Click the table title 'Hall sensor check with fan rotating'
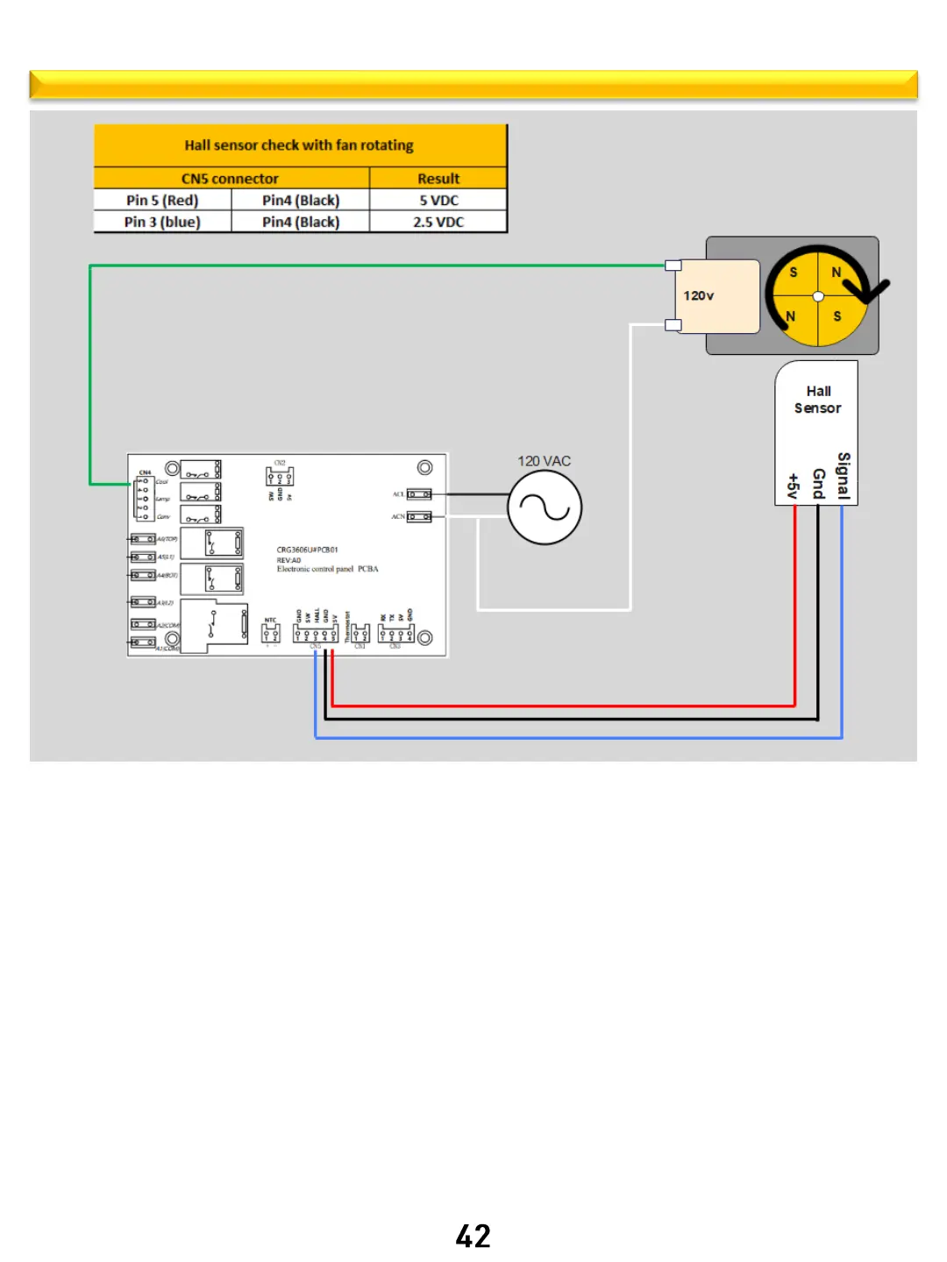299,145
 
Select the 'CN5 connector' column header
230,179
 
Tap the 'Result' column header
438,179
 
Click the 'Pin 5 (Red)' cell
162,201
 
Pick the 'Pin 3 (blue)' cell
162,223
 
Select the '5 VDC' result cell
438,201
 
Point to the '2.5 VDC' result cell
438,223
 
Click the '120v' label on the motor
699,296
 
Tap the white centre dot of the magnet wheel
818,296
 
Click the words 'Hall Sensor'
817,400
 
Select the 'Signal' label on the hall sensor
844,476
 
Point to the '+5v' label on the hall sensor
793,486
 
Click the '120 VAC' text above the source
544,461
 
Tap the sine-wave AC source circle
545,507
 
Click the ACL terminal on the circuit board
418,494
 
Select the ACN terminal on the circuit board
418,517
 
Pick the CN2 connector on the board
280,477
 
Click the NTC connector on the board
271,633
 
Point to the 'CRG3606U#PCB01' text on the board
307,550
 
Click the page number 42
473,1236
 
